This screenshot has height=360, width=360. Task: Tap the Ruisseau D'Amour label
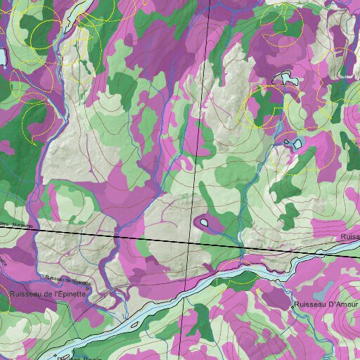click(324, 304)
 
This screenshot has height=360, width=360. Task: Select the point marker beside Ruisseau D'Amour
click(292, 307)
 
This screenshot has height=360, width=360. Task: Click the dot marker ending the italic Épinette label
click(88, 287)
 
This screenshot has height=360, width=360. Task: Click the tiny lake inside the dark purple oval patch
click(204, 223)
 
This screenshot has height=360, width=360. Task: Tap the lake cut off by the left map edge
click(2, 56)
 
